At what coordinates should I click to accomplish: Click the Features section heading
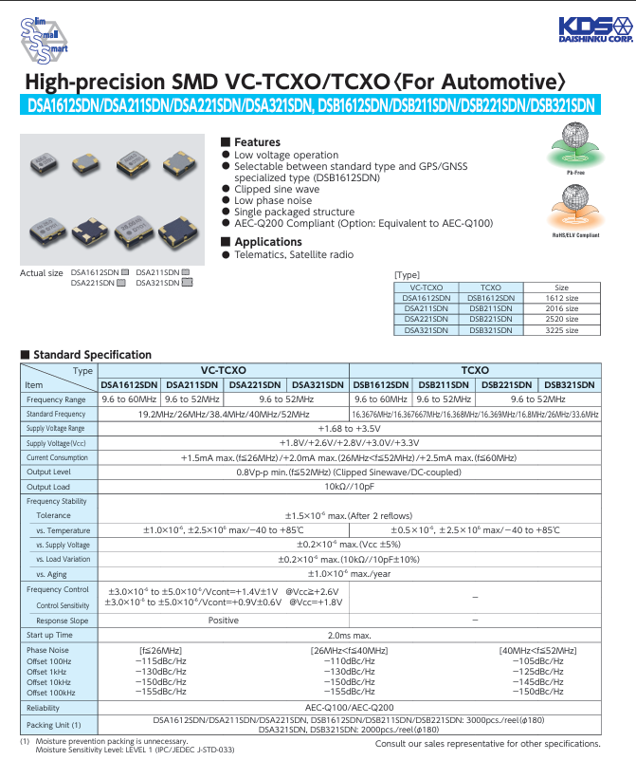tap(257, 142)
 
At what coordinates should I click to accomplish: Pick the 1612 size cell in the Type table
tap(561, 297)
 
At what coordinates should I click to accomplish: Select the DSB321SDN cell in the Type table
tap(491, 329)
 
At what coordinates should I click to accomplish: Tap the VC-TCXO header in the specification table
tap(224, 370)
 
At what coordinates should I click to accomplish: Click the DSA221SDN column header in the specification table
tap(255, 385)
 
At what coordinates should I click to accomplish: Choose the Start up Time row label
tap(49, 635)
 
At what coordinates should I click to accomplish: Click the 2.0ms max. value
tap(349, 635)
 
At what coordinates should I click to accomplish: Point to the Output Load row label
tap(48, 487)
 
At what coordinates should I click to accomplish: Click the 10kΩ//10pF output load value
tap(349, 487)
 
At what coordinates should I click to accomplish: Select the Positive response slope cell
tap(224, 620)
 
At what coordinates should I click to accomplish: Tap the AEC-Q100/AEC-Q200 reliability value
tap(349, 708)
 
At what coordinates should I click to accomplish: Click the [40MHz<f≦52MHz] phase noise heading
tap(537, 650)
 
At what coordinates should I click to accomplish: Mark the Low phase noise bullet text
tap(273, 201)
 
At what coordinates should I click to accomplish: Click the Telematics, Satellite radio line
tap(294, 255)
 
